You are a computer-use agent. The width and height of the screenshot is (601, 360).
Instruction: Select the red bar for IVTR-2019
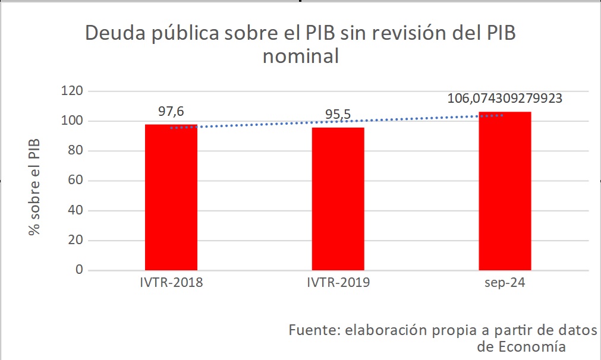[x=338, y=199]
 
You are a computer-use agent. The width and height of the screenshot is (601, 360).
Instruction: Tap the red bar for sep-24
[x=505, y=191]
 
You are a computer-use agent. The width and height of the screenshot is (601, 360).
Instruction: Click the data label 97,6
[x=171, y=112]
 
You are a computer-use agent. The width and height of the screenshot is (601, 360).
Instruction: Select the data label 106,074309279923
[x=505, y=99]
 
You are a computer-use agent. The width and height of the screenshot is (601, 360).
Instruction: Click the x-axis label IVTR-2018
[x=171, y=283]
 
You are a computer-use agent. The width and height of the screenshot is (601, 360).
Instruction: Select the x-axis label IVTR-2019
[x=338, y=283]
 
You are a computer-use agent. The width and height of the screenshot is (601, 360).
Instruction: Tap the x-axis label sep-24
[x=505, y=283]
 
